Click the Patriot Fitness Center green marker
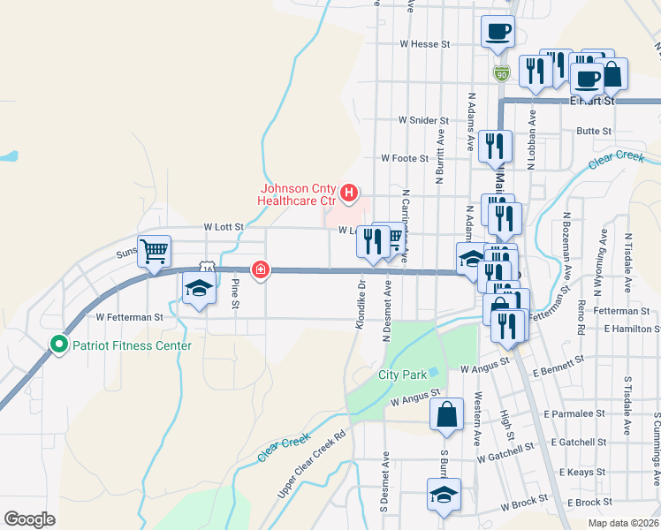[60, 344]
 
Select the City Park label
[402, 375]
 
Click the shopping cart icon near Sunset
[154, 251]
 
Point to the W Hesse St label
[425, 42]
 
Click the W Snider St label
[425, 119]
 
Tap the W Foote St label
[405, 159]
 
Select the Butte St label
[593, 131]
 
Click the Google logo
[29, 519]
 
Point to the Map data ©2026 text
[624, 523]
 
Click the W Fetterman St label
[130, 316]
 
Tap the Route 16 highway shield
[205, 266]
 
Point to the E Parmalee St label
[574, 413]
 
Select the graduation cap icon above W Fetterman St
[199, 287]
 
